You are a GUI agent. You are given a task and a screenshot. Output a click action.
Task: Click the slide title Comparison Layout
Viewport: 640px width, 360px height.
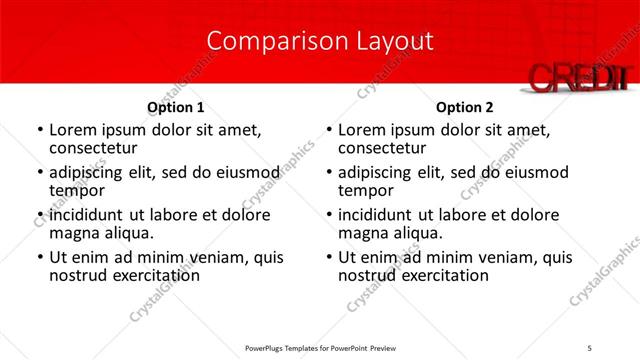(320, 41)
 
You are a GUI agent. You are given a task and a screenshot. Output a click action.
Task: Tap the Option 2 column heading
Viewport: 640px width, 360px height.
(465, 107)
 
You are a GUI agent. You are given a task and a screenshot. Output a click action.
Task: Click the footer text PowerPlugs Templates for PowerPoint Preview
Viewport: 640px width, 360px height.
(320, 348)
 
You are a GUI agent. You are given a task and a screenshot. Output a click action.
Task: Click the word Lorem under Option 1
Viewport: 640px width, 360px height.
(73, 130)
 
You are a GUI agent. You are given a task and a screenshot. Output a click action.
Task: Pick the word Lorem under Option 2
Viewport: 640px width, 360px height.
(362, 130)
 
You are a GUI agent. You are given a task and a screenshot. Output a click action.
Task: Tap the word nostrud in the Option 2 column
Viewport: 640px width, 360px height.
(370, 275)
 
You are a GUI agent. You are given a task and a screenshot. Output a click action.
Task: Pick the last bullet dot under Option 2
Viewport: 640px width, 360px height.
(328, 258)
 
